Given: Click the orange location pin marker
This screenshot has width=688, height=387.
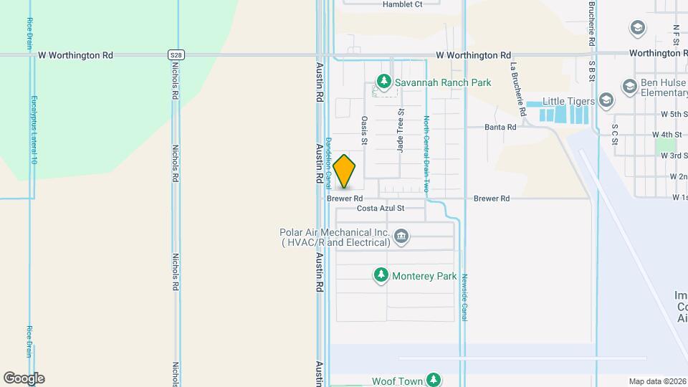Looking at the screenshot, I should coord(344,171).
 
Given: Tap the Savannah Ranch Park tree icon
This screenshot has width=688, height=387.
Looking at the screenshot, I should coord(384,82).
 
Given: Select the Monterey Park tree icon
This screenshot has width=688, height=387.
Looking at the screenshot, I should coord(381,275).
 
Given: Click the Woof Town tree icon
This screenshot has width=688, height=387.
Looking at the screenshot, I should coord(432,379).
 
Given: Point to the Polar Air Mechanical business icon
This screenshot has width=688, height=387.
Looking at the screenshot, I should coord(401,236).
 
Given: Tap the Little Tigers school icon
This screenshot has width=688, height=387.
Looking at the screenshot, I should coord(606,100).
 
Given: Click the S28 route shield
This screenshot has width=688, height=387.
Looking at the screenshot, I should coord(176,54).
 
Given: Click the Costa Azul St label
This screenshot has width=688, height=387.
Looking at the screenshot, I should coord(381,208).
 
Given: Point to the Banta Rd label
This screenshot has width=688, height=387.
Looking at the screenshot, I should coord(500,127).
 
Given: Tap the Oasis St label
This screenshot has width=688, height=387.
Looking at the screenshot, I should coord(364,131).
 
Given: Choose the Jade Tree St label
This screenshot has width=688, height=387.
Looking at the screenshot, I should coord(401,130).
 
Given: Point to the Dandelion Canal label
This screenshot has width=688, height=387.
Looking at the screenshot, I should coord(329,157).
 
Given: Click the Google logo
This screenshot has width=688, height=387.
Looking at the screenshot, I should coord(24,378).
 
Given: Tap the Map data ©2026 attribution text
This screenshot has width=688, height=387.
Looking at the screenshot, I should coord(657,381).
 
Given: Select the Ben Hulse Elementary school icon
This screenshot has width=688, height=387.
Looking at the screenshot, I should coord(630,87).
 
